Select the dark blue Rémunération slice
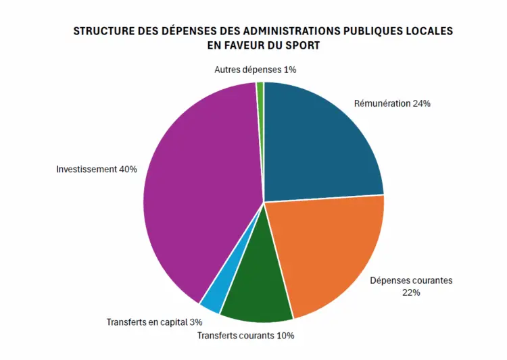318,145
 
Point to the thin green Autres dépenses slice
260,85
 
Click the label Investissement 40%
97,169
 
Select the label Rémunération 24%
392,104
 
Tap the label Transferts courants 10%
245,335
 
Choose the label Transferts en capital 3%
154,322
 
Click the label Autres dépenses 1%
256,70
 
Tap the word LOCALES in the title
430,32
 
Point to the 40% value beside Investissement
128,169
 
